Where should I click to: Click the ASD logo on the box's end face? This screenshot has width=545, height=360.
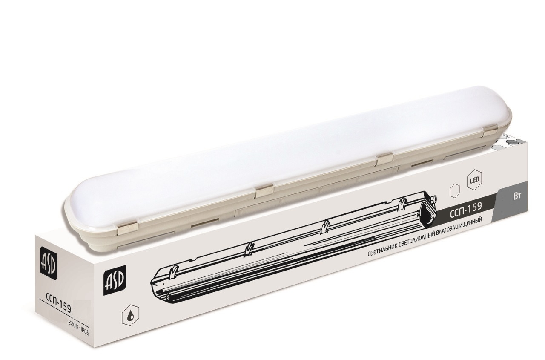(x=49, y=264)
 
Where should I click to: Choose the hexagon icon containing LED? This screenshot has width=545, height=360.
(x=475, y=180)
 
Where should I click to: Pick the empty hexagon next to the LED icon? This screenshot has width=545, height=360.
(x=455, y=192)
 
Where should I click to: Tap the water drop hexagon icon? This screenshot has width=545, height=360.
(x=130, y=315)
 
